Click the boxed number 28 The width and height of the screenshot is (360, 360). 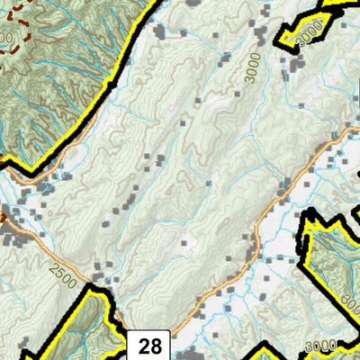click(x=151, y=345)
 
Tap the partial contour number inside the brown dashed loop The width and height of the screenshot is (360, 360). click(x=7, y=38)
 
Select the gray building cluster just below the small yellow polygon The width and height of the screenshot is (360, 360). click(x=295, y=67)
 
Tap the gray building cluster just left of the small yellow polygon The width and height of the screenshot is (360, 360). click(x=265, y=38)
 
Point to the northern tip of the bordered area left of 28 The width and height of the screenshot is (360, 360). click(x=90, y=287)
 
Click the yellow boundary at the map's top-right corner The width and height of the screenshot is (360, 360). click(x=354, y=4)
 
